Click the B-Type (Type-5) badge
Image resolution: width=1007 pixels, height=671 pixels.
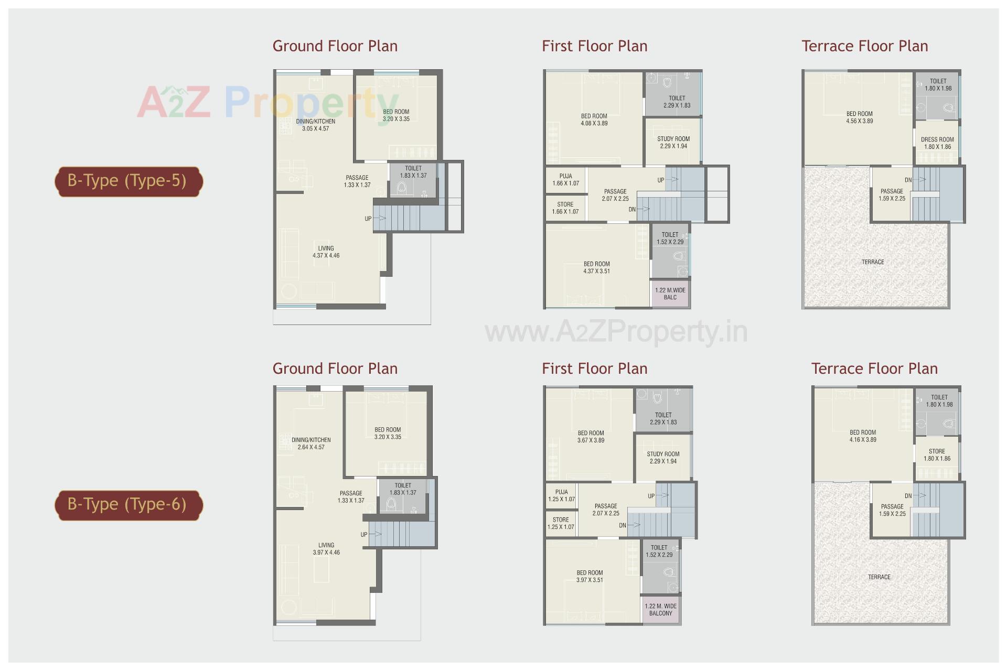[128, 181]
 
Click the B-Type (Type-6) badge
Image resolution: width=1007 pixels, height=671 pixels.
[128, 505]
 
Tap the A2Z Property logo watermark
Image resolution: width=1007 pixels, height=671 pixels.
[267, 103]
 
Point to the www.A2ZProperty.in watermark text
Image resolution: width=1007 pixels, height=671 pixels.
[616, 332]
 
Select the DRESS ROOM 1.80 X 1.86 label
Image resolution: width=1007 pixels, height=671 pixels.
[937, 143]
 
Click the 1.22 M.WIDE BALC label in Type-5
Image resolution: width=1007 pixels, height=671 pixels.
[670, 294]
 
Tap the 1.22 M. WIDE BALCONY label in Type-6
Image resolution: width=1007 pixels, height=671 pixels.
[660, 610]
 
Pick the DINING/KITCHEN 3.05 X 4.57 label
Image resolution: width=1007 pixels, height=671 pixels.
[315, 125]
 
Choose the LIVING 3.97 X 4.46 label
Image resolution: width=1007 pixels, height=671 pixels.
[326, 549]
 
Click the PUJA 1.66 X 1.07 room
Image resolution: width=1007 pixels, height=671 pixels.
[565, 180]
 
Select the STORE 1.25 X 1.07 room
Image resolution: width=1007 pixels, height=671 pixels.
[561, 524]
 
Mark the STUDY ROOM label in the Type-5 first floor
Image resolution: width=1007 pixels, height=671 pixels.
[673, 143]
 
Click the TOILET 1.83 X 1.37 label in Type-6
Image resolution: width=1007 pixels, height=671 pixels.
[403, 489]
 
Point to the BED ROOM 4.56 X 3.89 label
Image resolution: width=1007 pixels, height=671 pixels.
[859, 117]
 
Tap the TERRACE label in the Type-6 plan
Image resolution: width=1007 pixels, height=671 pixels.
[879, 577]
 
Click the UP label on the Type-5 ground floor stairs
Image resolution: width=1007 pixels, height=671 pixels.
[368, 219]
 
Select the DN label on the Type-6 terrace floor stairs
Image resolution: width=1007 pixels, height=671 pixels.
[908, 496]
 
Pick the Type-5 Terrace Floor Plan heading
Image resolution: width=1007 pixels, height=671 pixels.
[864, 46]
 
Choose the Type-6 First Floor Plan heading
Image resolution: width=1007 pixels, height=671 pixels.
[594, 369]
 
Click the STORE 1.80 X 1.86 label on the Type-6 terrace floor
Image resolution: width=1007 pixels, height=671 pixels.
[937, 455]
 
